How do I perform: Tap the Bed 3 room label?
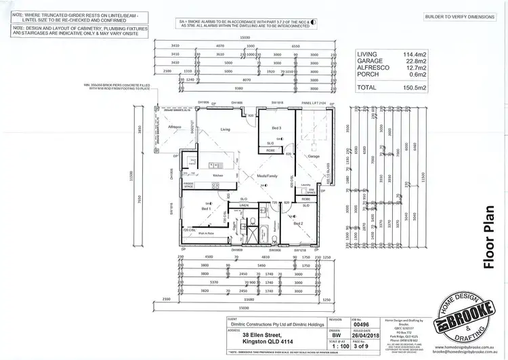tap(276, 128)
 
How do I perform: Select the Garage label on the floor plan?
tap(313, 156)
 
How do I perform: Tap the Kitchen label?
tap(218, 176)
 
